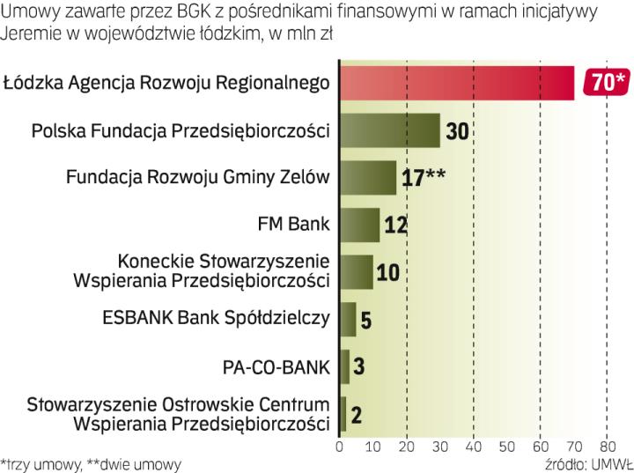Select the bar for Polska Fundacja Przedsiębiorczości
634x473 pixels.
[389, 130]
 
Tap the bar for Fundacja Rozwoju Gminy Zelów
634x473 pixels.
[368, 177]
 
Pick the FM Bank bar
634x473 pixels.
[359, 224]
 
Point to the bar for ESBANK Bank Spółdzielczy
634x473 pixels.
[348, 318]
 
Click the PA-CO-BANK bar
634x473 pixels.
[344, 366]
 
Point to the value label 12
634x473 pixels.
[395, 225]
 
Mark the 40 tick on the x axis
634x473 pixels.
[474, 447]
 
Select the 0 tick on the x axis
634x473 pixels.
[340, 447]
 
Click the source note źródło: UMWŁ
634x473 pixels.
[584, 462]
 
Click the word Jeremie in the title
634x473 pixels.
[33, 34]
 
